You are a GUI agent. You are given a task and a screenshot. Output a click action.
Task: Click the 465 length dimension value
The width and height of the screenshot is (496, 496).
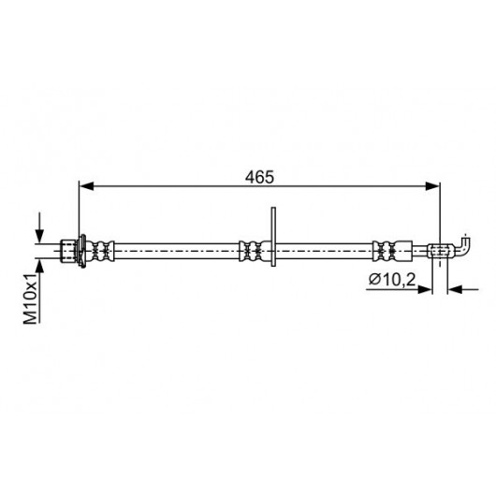coord(259,177)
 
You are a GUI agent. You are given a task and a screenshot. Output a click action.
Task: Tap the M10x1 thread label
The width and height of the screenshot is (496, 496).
coord(31,299)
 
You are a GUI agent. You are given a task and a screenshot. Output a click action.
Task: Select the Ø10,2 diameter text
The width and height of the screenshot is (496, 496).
coord(392,280)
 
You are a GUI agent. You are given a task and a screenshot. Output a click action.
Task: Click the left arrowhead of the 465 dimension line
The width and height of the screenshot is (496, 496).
coord(86,186)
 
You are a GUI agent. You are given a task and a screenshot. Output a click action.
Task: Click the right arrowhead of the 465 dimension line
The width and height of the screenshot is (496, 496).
coord(432,186)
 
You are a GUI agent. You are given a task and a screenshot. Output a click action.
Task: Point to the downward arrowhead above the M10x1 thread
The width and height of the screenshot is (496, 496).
coord(39,236)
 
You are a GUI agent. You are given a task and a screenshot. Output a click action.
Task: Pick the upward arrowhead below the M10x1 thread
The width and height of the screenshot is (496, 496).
coord(39,267)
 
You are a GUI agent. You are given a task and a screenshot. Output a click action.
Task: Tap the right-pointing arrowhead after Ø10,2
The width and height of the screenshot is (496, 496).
coord(425,289)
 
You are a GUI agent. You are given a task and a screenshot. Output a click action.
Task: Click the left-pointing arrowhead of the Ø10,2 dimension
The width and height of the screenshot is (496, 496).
coord(455,289)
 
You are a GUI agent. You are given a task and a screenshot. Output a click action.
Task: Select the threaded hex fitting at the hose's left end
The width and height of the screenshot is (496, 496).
coord(68,251)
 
